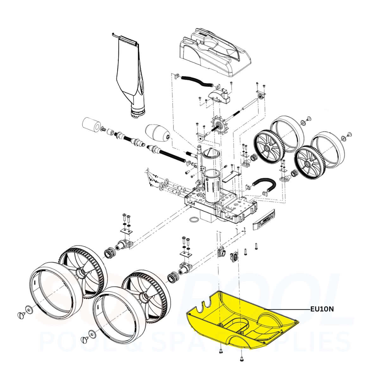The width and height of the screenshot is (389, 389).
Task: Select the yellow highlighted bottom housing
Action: pos(241,320)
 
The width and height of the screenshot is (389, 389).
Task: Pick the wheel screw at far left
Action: pos(20,315)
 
